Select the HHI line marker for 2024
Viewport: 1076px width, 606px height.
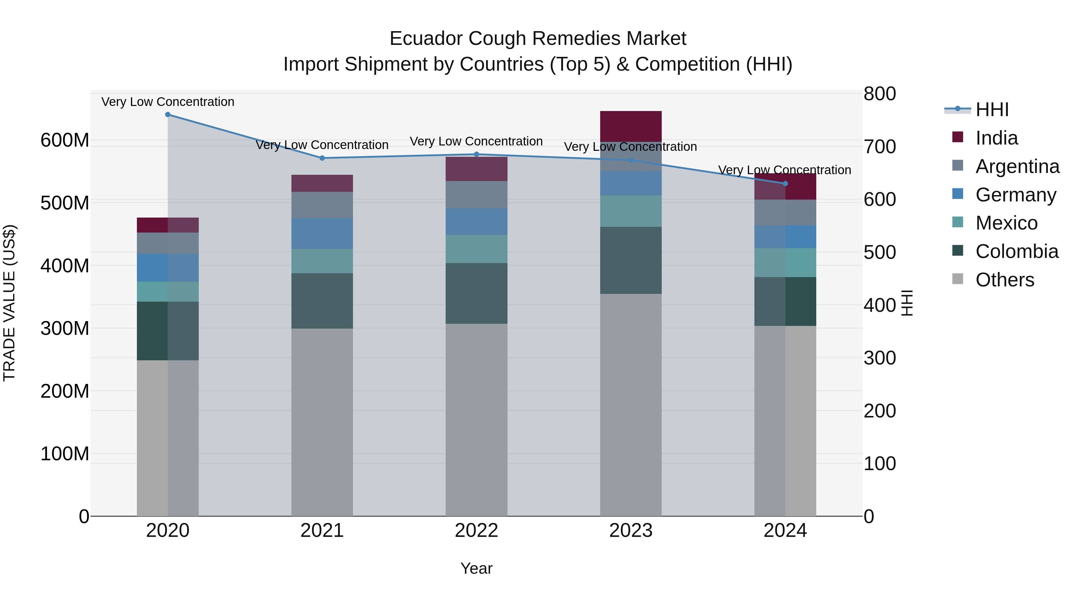(x=785, y=184)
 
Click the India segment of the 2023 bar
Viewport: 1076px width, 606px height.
(x=631, y=126)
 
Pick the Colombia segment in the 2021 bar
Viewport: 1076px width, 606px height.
(x=322, y=301)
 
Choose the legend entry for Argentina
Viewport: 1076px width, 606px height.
(x=1017, y=166)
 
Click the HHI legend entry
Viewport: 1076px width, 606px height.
(x=992, y=110)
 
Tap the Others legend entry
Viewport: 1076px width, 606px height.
(x=1004, y=280)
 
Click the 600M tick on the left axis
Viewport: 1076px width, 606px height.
(x=65, y=140)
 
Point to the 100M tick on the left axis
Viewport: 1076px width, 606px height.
(x=65, y=454)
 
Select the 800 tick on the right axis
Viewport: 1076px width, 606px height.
(x=879, y=94)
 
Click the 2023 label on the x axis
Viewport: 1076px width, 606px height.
(x=631, y=531)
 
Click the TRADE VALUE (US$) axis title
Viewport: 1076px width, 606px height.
(x=10, y=303)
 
